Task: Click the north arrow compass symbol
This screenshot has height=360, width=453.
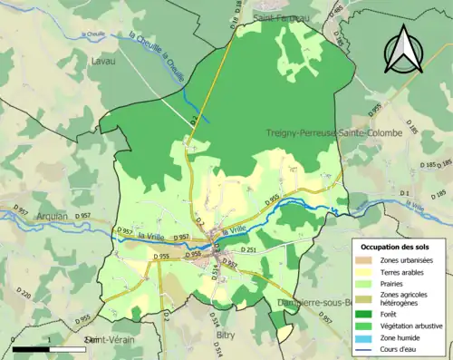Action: coord(404,50)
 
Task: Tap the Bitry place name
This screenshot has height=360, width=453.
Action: coord(226,335)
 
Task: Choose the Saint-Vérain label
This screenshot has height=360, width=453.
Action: coord(107,339)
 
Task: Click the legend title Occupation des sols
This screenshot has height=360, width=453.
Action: coord(395,247)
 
